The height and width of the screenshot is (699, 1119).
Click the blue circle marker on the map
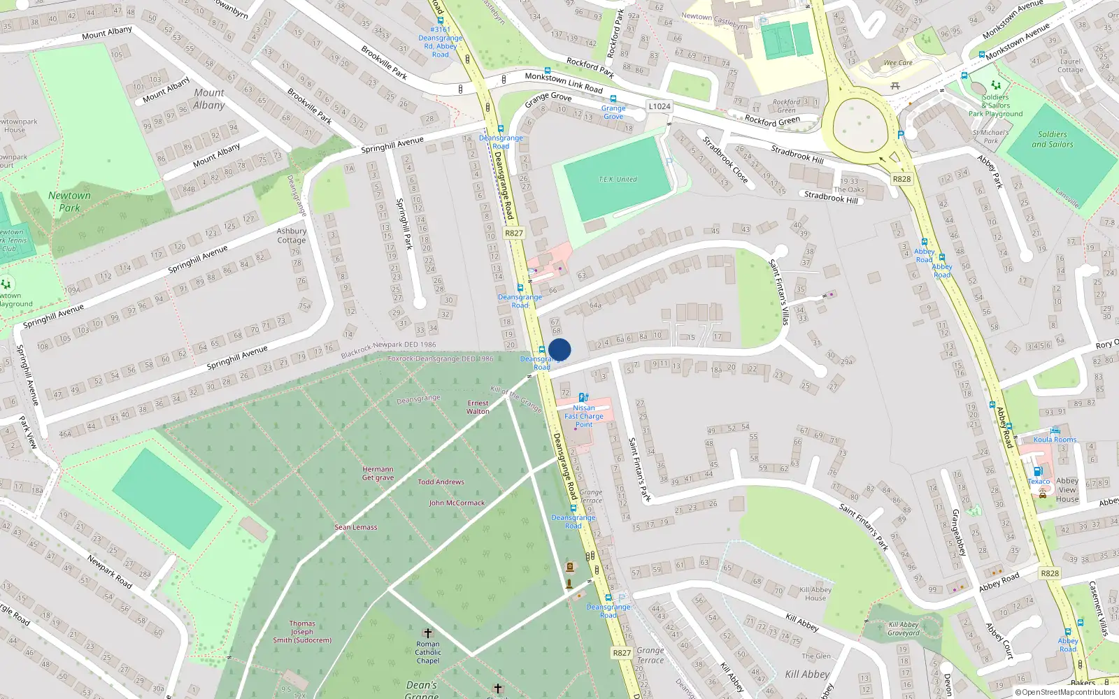pos(559,349)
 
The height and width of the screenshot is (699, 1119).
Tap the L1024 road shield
pos(659,106)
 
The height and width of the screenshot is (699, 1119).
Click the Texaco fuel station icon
pos(1038,471)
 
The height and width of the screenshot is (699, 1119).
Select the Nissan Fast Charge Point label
pos(584,416)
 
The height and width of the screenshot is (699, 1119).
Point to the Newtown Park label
pos(69,201)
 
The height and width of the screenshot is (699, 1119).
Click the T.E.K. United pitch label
pos(618,180)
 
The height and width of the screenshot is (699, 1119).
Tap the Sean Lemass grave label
pos(355,527)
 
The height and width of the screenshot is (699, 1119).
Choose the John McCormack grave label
pos(457,503)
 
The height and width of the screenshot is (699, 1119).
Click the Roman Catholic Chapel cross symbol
pos(428,633)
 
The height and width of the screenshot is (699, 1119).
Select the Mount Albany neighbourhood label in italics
pos(209,99)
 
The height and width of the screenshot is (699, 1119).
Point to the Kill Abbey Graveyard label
pos(904,628)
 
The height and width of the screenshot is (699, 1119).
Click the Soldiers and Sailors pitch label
pos(1052,139)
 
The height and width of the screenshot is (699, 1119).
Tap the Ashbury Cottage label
pos(292,236)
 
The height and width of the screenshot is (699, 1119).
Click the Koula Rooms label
pos(1055,440)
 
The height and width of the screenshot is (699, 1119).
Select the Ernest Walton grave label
pos(478,407)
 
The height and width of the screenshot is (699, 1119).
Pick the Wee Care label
pos(898,63)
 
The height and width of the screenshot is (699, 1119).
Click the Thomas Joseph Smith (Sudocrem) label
pos(302,631)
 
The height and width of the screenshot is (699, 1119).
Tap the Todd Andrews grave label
pos(441,482)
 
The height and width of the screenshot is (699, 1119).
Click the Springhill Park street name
pos(404,224)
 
